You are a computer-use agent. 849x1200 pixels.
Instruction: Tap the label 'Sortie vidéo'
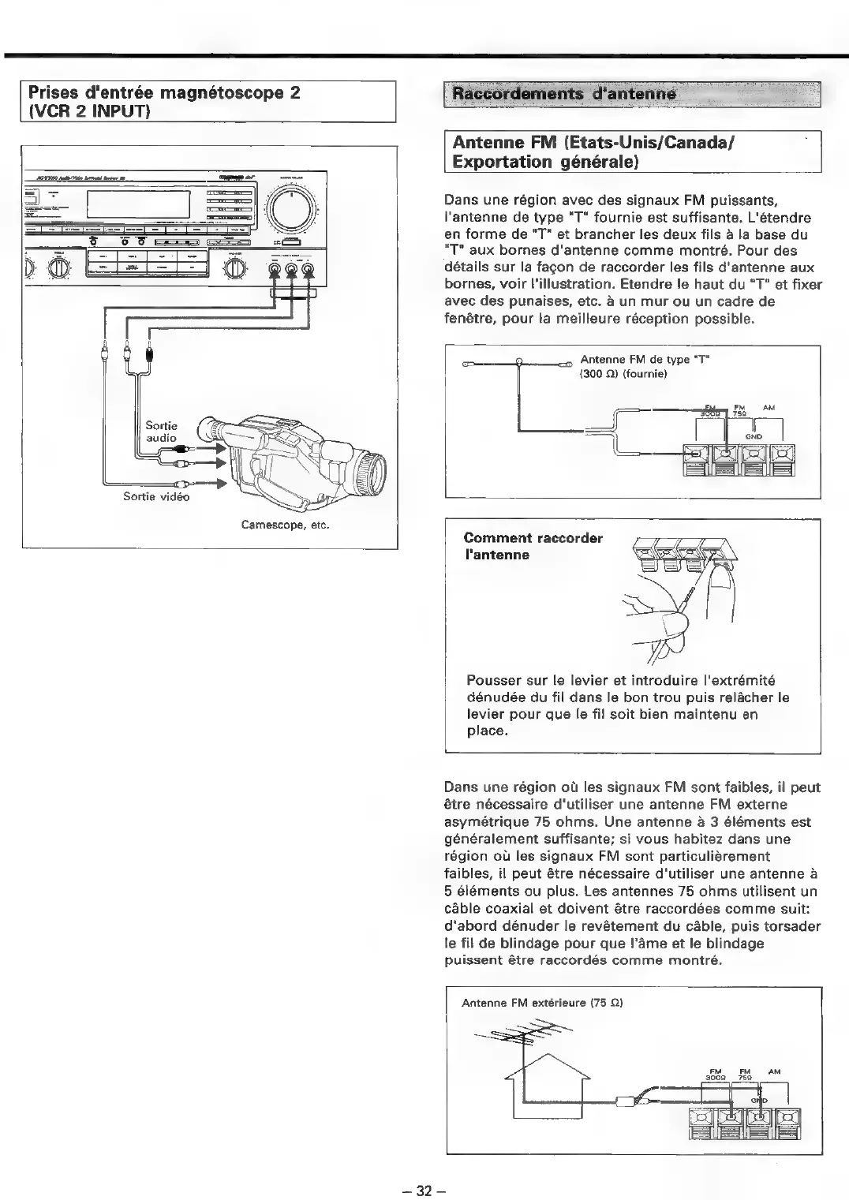(156, 496)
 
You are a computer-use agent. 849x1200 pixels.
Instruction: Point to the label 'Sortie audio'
(162, 432)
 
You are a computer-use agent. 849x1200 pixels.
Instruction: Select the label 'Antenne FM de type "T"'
(645, 361)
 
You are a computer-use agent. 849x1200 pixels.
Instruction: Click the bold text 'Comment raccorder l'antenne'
(533, 546)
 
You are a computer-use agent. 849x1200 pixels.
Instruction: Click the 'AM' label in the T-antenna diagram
(769, 407)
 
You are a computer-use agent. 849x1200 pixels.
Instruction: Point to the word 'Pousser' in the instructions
(491, 680)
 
